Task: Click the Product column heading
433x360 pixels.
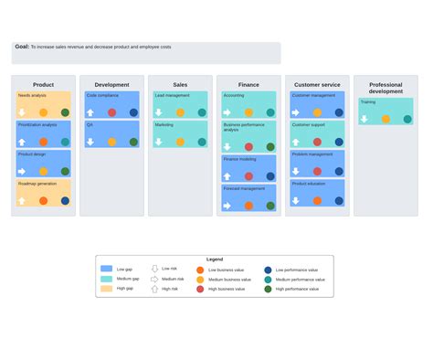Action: click(43, 85)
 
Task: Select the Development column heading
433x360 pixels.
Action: click(111, 85)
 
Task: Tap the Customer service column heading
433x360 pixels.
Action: click(317, 85)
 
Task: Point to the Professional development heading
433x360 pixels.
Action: click(385, 88)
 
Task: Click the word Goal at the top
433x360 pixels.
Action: click(22, 47)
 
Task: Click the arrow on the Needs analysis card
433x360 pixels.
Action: click(22, 112)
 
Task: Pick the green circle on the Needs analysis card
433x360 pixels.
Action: click(65, 112)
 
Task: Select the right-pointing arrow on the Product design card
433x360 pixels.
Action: click(22, 171)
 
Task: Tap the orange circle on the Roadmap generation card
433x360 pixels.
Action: click(43, 200)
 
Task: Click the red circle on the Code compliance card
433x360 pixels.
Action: click(111, 112)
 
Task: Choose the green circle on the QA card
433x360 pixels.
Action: click(133, 142)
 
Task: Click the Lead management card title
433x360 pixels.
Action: click(173, 95)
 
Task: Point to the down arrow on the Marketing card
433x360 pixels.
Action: click(159, 142)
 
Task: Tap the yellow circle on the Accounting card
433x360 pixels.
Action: click(248, 112)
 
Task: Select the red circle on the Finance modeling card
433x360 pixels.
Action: click(248, 176)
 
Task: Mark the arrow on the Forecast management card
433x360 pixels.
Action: click(227, 206)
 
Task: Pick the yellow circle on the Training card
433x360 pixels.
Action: click(385, 119)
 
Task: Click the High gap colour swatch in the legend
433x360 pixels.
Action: click(107, 289)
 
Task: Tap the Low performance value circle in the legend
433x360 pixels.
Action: click(268, 270)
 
